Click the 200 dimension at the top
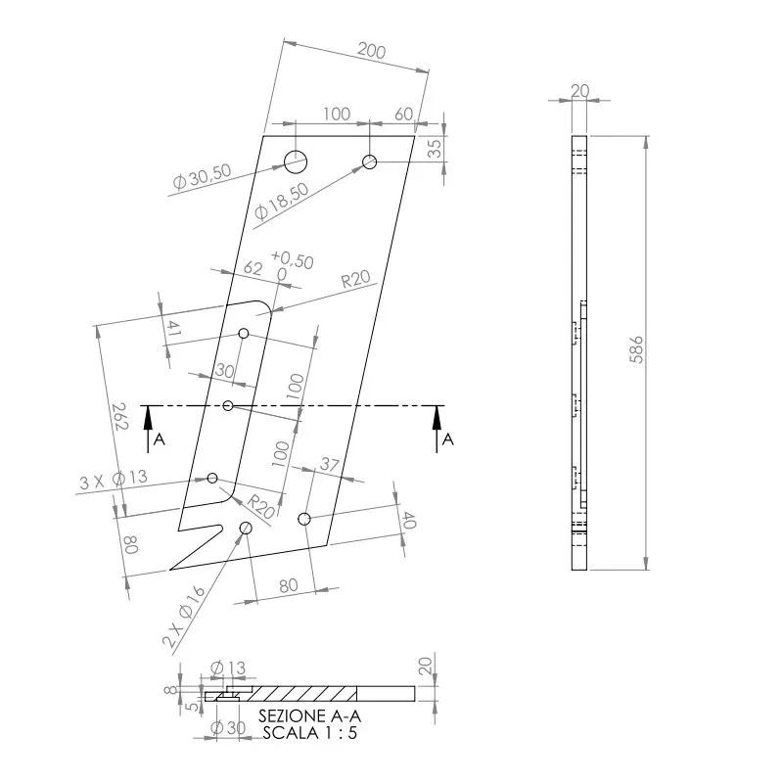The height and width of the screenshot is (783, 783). (x=372, y=51)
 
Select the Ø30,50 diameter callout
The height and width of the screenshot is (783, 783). (x=203, y=176)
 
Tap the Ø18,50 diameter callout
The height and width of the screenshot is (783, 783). (x=281, y=202)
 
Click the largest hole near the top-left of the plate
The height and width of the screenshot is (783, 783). (x=296, y=161)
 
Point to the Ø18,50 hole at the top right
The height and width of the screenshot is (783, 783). (x=370, y=161)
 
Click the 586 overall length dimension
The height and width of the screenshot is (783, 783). (x=636, y=349)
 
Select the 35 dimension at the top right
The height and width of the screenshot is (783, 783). (x=435, y=149)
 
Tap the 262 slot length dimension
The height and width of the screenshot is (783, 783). (x=120, y=416)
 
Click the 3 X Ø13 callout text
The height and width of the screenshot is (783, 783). (x=114, y=480)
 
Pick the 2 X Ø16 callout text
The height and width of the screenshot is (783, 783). (x=184, y=617)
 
